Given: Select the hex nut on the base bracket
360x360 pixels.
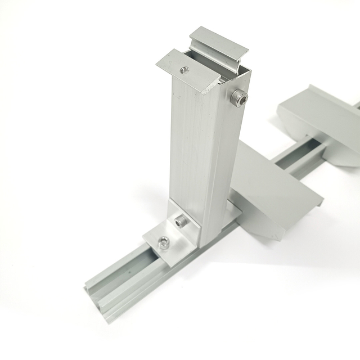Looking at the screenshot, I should pos(162,242).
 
